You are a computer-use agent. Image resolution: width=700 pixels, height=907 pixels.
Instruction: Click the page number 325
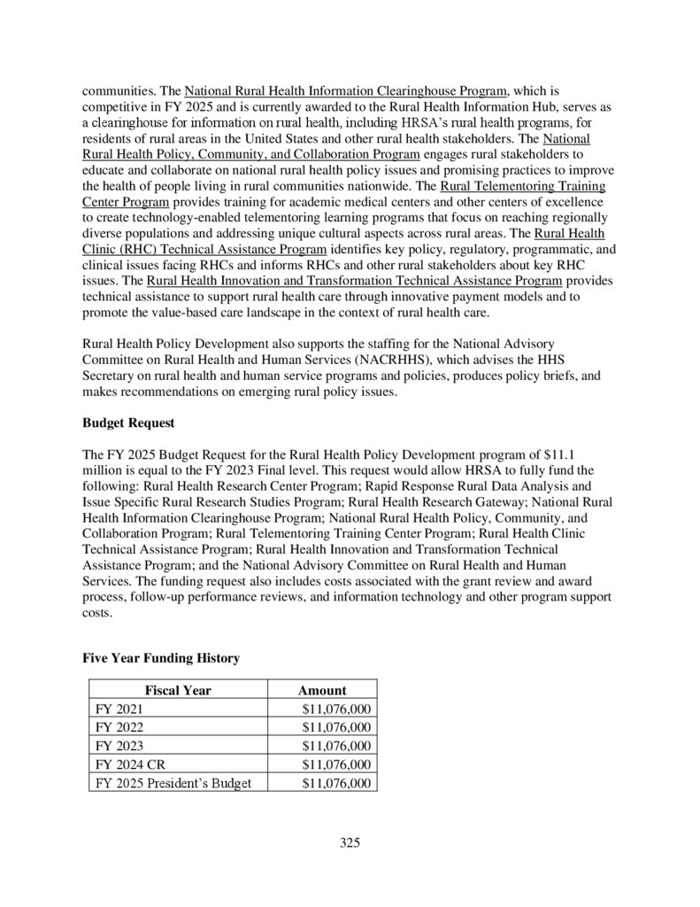coord(350,842)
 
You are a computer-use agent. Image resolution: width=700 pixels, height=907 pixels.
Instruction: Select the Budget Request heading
coord(128,422)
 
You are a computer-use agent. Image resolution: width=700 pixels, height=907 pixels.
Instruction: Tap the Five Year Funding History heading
coord(160,658)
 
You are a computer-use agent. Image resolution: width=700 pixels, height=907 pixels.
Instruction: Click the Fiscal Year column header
coord(178,690)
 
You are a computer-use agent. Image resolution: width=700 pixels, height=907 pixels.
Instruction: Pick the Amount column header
coord(322,690)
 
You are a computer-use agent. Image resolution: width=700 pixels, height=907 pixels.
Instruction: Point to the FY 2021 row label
coord(119,709)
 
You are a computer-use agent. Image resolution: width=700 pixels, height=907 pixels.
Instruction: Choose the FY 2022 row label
coord(119,727)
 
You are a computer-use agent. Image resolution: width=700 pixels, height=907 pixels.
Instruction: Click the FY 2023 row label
coord(119,746)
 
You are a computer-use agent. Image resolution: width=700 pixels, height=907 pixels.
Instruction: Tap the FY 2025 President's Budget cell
coord(173,783)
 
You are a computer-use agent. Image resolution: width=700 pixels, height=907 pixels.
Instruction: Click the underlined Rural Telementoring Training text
coord(522,187)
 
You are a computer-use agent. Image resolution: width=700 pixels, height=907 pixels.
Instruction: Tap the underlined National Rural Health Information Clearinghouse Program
coord(346,91)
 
